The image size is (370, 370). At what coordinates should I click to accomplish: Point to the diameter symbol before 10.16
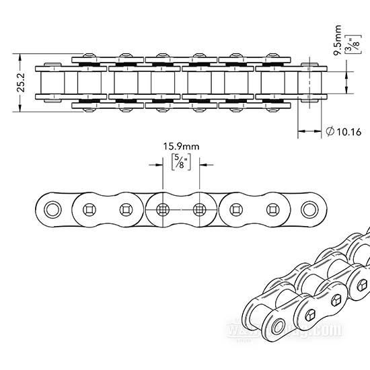tap(329, 132)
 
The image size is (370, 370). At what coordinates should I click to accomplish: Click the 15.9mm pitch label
tap(181, 146)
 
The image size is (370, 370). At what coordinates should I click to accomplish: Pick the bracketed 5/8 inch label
tap(180, 162)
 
